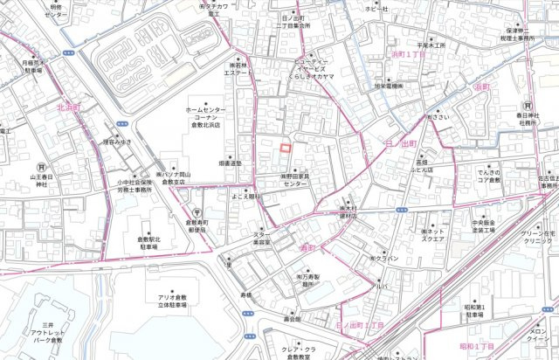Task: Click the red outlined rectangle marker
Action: coord(285,148)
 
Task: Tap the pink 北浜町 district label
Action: coord(67,107)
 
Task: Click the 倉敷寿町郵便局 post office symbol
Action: coord(197,212)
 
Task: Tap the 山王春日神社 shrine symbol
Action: coord(40,165)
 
